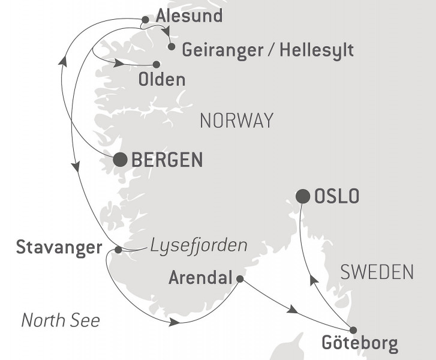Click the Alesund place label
(x=188, y=16)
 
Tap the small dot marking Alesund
(x=145, y=20)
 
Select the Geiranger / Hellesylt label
(x=267, y=49)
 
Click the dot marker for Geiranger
(x=172, y=46)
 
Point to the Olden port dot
(x=157, y=64)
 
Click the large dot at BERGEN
(x=120, y=159)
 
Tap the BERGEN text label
(x=167, y=160)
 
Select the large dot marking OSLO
(x=303, y=196)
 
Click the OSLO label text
(x=336, y=196)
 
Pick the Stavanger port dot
(x=118, y=250)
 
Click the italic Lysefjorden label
(x=199, y=245)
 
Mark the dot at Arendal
(x=240, y=279)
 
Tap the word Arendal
(x=201, y=278)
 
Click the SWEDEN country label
(x=377, y=272)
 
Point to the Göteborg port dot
(x=353, y=330)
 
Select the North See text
(x=61, y=320)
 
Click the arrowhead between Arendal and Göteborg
(x=292, y=310)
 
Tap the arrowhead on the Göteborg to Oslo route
(x=312, y=280)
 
